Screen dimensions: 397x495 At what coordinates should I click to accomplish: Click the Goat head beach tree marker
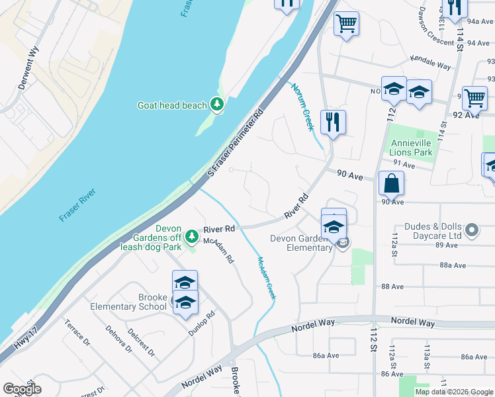[216, 104]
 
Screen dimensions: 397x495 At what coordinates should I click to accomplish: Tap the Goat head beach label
[172, 105]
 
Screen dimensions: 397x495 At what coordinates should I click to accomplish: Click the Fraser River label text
[77, 205]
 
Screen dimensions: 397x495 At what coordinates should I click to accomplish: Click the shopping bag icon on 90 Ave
[392, 183]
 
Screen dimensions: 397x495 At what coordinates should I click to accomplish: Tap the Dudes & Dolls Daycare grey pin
[471, 230]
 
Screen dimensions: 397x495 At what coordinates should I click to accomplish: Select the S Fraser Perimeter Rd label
[236, 140]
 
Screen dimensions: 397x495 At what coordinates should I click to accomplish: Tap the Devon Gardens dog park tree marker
[191, 236]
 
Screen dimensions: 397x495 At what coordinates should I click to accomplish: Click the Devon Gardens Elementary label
[301, 243]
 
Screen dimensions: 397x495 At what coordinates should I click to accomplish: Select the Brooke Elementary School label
[134, 302]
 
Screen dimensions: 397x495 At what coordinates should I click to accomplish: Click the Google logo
[22, 389]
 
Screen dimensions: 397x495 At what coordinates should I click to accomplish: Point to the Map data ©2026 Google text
[453, 392]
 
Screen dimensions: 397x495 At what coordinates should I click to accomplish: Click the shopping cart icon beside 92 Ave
[474, 97]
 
